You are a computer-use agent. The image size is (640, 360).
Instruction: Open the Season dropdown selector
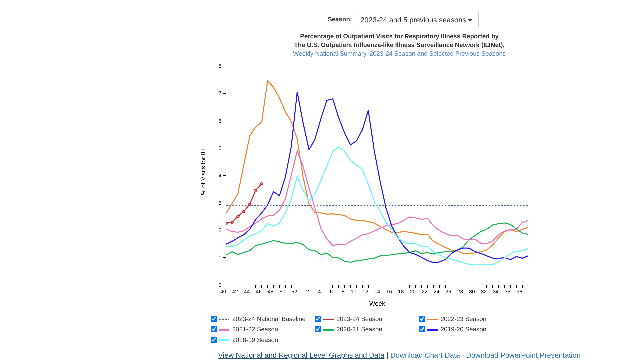click(416, 20)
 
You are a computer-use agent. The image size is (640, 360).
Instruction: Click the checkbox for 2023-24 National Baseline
click(214, 319)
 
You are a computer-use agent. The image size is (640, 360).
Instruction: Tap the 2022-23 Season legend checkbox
click(422, 319)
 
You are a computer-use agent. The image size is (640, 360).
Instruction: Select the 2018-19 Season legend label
click(255, 340)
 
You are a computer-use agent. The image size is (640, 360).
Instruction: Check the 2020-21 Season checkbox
click(318, 329)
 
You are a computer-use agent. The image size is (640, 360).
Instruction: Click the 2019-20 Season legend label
click(463, 329)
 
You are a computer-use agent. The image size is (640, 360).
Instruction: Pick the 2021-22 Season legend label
click(255, 329)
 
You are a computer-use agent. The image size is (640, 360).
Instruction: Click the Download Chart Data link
click(425, 355)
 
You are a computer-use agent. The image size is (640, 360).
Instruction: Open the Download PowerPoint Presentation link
click(523, 355)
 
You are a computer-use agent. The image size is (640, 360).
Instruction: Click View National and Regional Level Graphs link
click(301, 355)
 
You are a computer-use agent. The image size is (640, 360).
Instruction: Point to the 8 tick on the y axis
click(220, 66)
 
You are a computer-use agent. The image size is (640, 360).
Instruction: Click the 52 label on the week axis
click(294, 292)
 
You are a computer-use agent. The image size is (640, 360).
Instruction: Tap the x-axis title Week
click(377, 304)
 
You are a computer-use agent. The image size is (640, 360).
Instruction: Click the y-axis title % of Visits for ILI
click(203, 172)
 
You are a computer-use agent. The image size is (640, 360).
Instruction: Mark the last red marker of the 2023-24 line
click(262, 184)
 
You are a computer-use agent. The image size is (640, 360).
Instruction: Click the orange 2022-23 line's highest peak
click(268, 81)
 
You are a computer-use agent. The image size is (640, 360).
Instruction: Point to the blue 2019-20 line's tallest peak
click(297, 92)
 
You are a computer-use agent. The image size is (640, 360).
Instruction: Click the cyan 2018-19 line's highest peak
click(339, 147)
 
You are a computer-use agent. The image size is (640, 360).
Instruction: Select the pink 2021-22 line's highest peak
click(297, 151)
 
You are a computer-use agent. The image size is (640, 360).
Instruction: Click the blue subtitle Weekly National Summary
click(399, 54)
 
